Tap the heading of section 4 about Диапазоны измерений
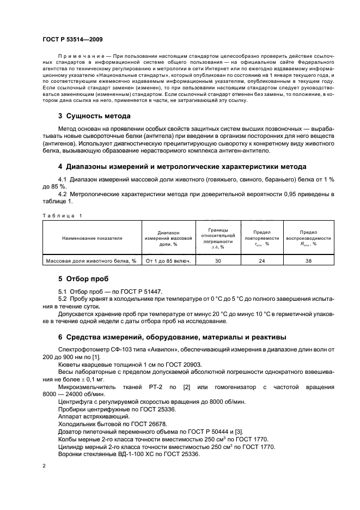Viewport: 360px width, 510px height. [182, 167]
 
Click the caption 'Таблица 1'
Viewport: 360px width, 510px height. [61, 216]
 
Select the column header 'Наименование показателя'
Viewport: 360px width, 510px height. [92, 238]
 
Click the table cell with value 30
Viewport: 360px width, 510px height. [218, 261]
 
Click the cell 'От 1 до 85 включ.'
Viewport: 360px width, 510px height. [169, 261]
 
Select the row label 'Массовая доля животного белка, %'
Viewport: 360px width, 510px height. [92, 261]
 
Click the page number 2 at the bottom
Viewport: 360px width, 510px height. [45, 466]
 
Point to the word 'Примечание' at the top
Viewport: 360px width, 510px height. [79, 57]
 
